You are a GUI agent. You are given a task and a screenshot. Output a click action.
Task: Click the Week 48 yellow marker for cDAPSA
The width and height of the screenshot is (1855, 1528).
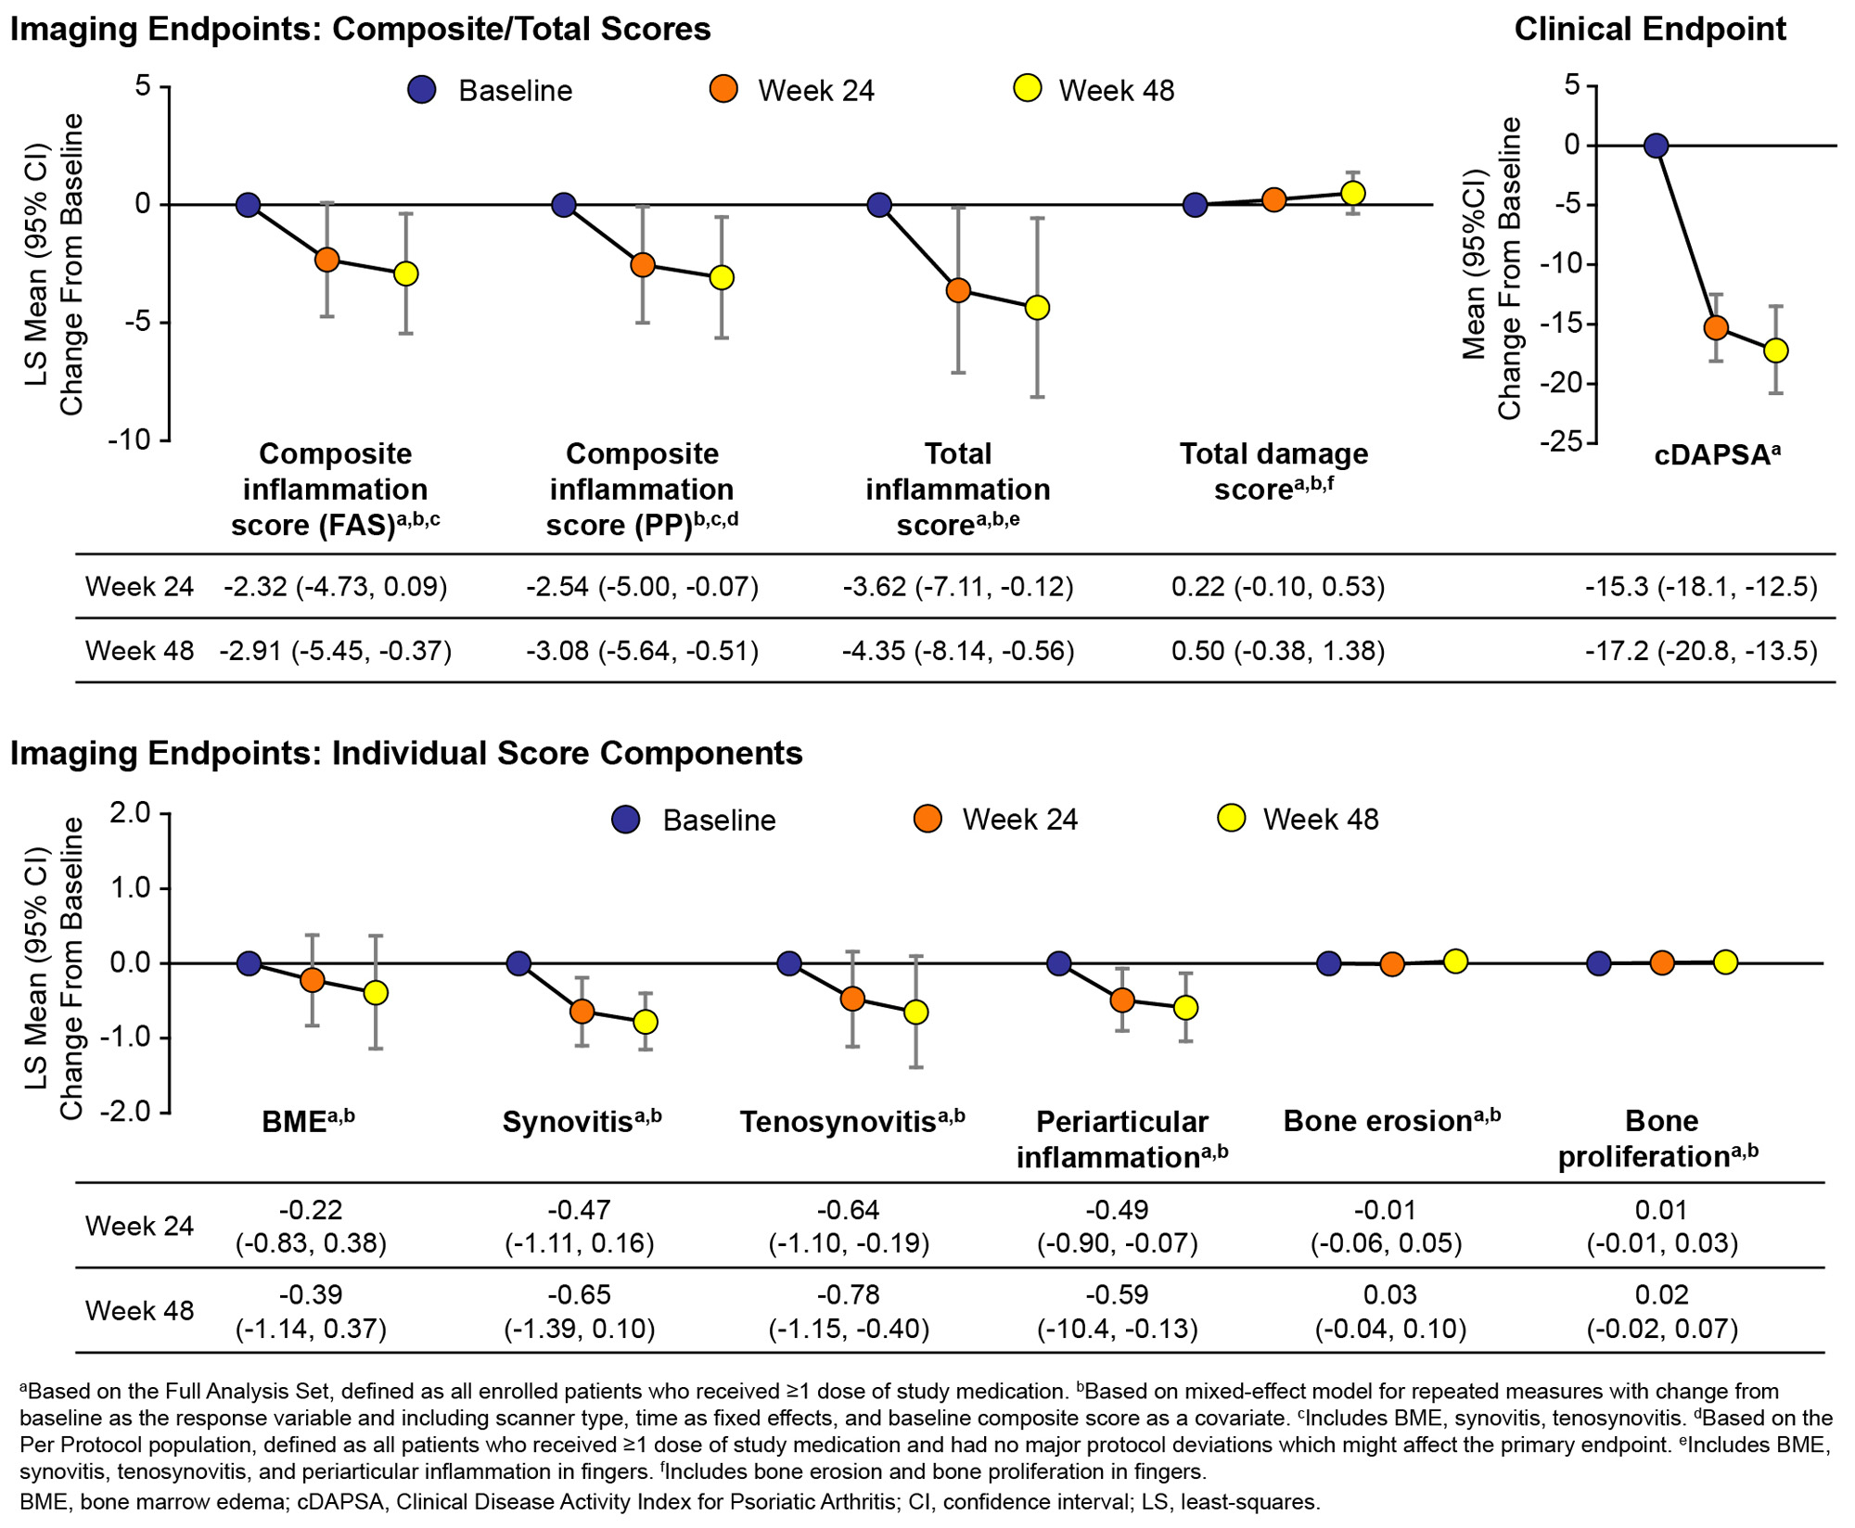point(1776,350)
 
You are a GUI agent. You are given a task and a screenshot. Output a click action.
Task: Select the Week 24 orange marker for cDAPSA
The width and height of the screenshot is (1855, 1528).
point(1716,327)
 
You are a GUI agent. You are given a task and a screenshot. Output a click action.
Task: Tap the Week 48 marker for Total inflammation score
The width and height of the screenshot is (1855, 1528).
point(1037,308)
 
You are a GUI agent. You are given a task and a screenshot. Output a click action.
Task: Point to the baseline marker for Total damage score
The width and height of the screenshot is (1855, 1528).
point(1196,205)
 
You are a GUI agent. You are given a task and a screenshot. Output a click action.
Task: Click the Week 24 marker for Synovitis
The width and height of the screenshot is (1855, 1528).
point(582,1012)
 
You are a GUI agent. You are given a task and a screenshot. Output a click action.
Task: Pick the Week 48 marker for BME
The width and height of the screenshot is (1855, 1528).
point(376,993)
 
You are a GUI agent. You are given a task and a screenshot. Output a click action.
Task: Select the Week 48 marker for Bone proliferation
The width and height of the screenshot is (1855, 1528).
point(1725,962)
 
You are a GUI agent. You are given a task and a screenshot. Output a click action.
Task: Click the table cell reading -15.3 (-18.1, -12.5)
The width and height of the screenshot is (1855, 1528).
point(1701,587)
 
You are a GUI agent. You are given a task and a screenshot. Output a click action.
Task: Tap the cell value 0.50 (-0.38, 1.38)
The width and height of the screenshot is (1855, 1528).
point(1278,651)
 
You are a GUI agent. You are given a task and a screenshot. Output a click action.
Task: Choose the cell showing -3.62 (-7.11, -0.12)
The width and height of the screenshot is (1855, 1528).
point(958,587)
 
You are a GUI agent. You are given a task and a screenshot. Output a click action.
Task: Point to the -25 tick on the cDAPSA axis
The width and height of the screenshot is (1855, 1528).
point(1560,442)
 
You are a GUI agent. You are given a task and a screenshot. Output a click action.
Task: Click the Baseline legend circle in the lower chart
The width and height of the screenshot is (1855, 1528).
point(627,820)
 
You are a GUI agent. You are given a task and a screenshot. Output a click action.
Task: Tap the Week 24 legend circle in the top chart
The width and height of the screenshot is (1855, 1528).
point(723,90)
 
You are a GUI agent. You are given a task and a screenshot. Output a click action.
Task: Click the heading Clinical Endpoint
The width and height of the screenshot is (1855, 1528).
point(1650,30)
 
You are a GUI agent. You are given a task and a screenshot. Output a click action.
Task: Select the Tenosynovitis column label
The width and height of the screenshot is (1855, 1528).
point(851,1122)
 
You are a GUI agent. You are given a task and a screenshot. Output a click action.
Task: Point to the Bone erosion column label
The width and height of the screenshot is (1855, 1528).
point(1391,1121)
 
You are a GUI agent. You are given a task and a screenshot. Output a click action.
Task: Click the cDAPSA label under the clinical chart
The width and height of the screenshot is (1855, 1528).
point(1717,454)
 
